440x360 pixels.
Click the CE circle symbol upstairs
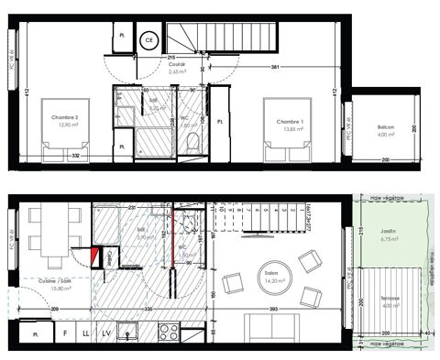[148, 40]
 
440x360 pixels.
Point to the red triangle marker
[98, 256]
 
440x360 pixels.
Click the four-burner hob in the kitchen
[169, 332]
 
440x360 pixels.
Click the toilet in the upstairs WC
[192, 139]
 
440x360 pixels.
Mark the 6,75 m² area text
[397, 241]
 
